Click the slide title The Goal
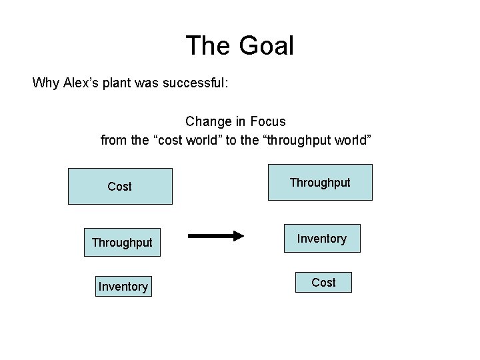point(239,45)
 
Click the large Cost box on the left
point(120,186)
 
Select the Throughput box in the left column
point(122,243)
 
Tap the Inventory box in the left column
point(123,286)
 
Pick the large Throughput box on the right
point(320,182)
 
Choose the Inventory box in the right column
point(321,238)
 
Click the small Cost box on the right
point(323,282)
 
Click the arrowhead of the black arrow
point(238,236)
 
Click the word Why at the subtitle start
point(45,83)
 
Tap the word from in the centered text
point(113,140)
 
